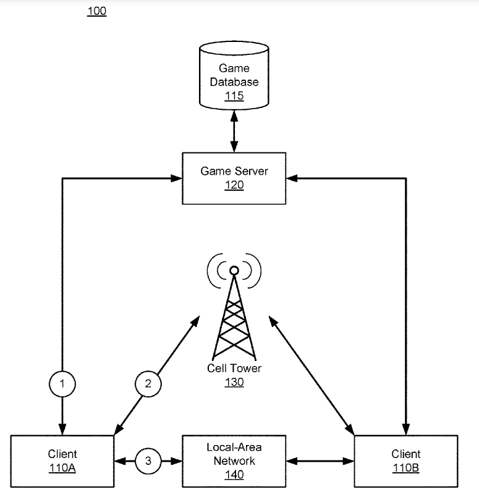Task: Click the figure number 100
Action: [x=97, y=11]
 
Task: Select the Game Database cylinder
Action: [x=234, y=78]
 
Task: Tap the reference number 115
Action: [x=234, y=96]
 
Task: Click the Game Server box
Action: [x=234, y=178]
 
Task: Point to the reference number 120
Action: [x=234, y=185]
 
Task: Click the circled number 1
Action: [x=61, y=385]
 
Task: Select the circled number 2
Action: [x=148, y=385]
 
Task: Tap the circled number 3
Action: [x=148, y=460]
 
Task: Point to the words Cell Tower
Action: [x=234, y=369]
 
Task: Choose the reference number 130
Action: [x=234, y=382]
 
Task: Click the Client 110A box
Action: [x=62, y=461]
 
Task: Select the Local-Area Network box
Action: [x=234, y=460]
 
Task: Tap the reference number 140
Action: [x=234, y=475]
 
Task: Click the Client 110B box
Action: [x=406, y=461]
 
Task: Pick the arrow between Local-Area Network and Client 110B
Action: [x=320, y=460]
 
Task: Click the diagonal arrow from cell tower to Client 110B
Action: [x=311, y=372]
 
